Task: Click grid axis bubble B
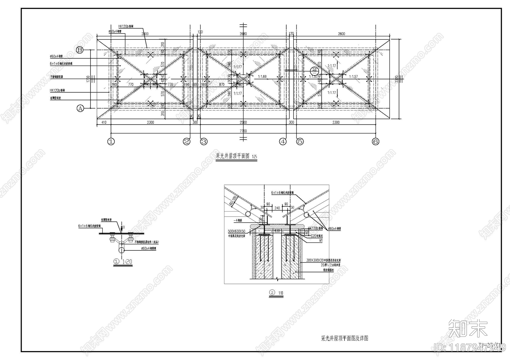(x=80, y=50)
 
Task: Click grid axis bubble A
(x=80, y=108)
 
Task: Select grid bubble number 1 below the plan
(x=111, y=141)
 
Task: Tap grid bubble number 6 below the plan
(x=375, y=141)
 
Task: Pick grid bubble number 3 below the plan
(x=204, y=141)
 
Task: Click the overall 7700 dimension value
(x=243, y=131)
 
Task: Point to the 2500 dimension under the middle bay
(x=243, y=122)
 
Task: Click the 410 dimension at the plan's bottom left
(x=104, y=122)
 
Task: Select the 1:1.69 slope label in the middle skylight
(x=262, y=76)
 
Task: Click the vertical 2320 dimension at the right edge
(x=397, y=79)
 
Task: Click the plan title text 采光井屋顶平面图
(x=233, y=156)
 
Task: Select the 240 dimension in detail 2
(x=277, y=208)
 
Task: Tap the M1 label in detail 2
(x=321, y=241)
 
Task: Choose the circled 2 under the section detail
(x=272, y=292)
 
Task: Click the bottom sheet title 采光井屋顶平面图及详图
(x=345, y=338)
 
